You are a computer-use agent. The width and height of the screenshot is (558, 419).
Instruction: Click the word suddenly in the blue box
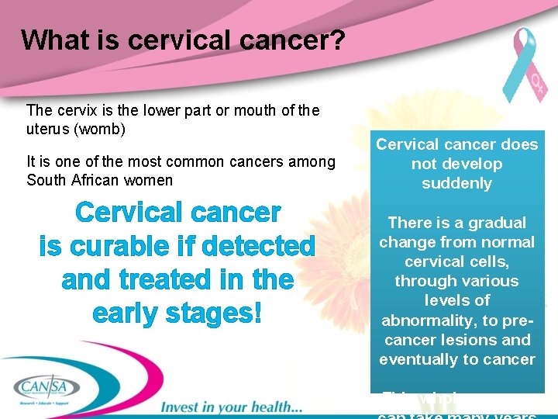click(x=456, y=184)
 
